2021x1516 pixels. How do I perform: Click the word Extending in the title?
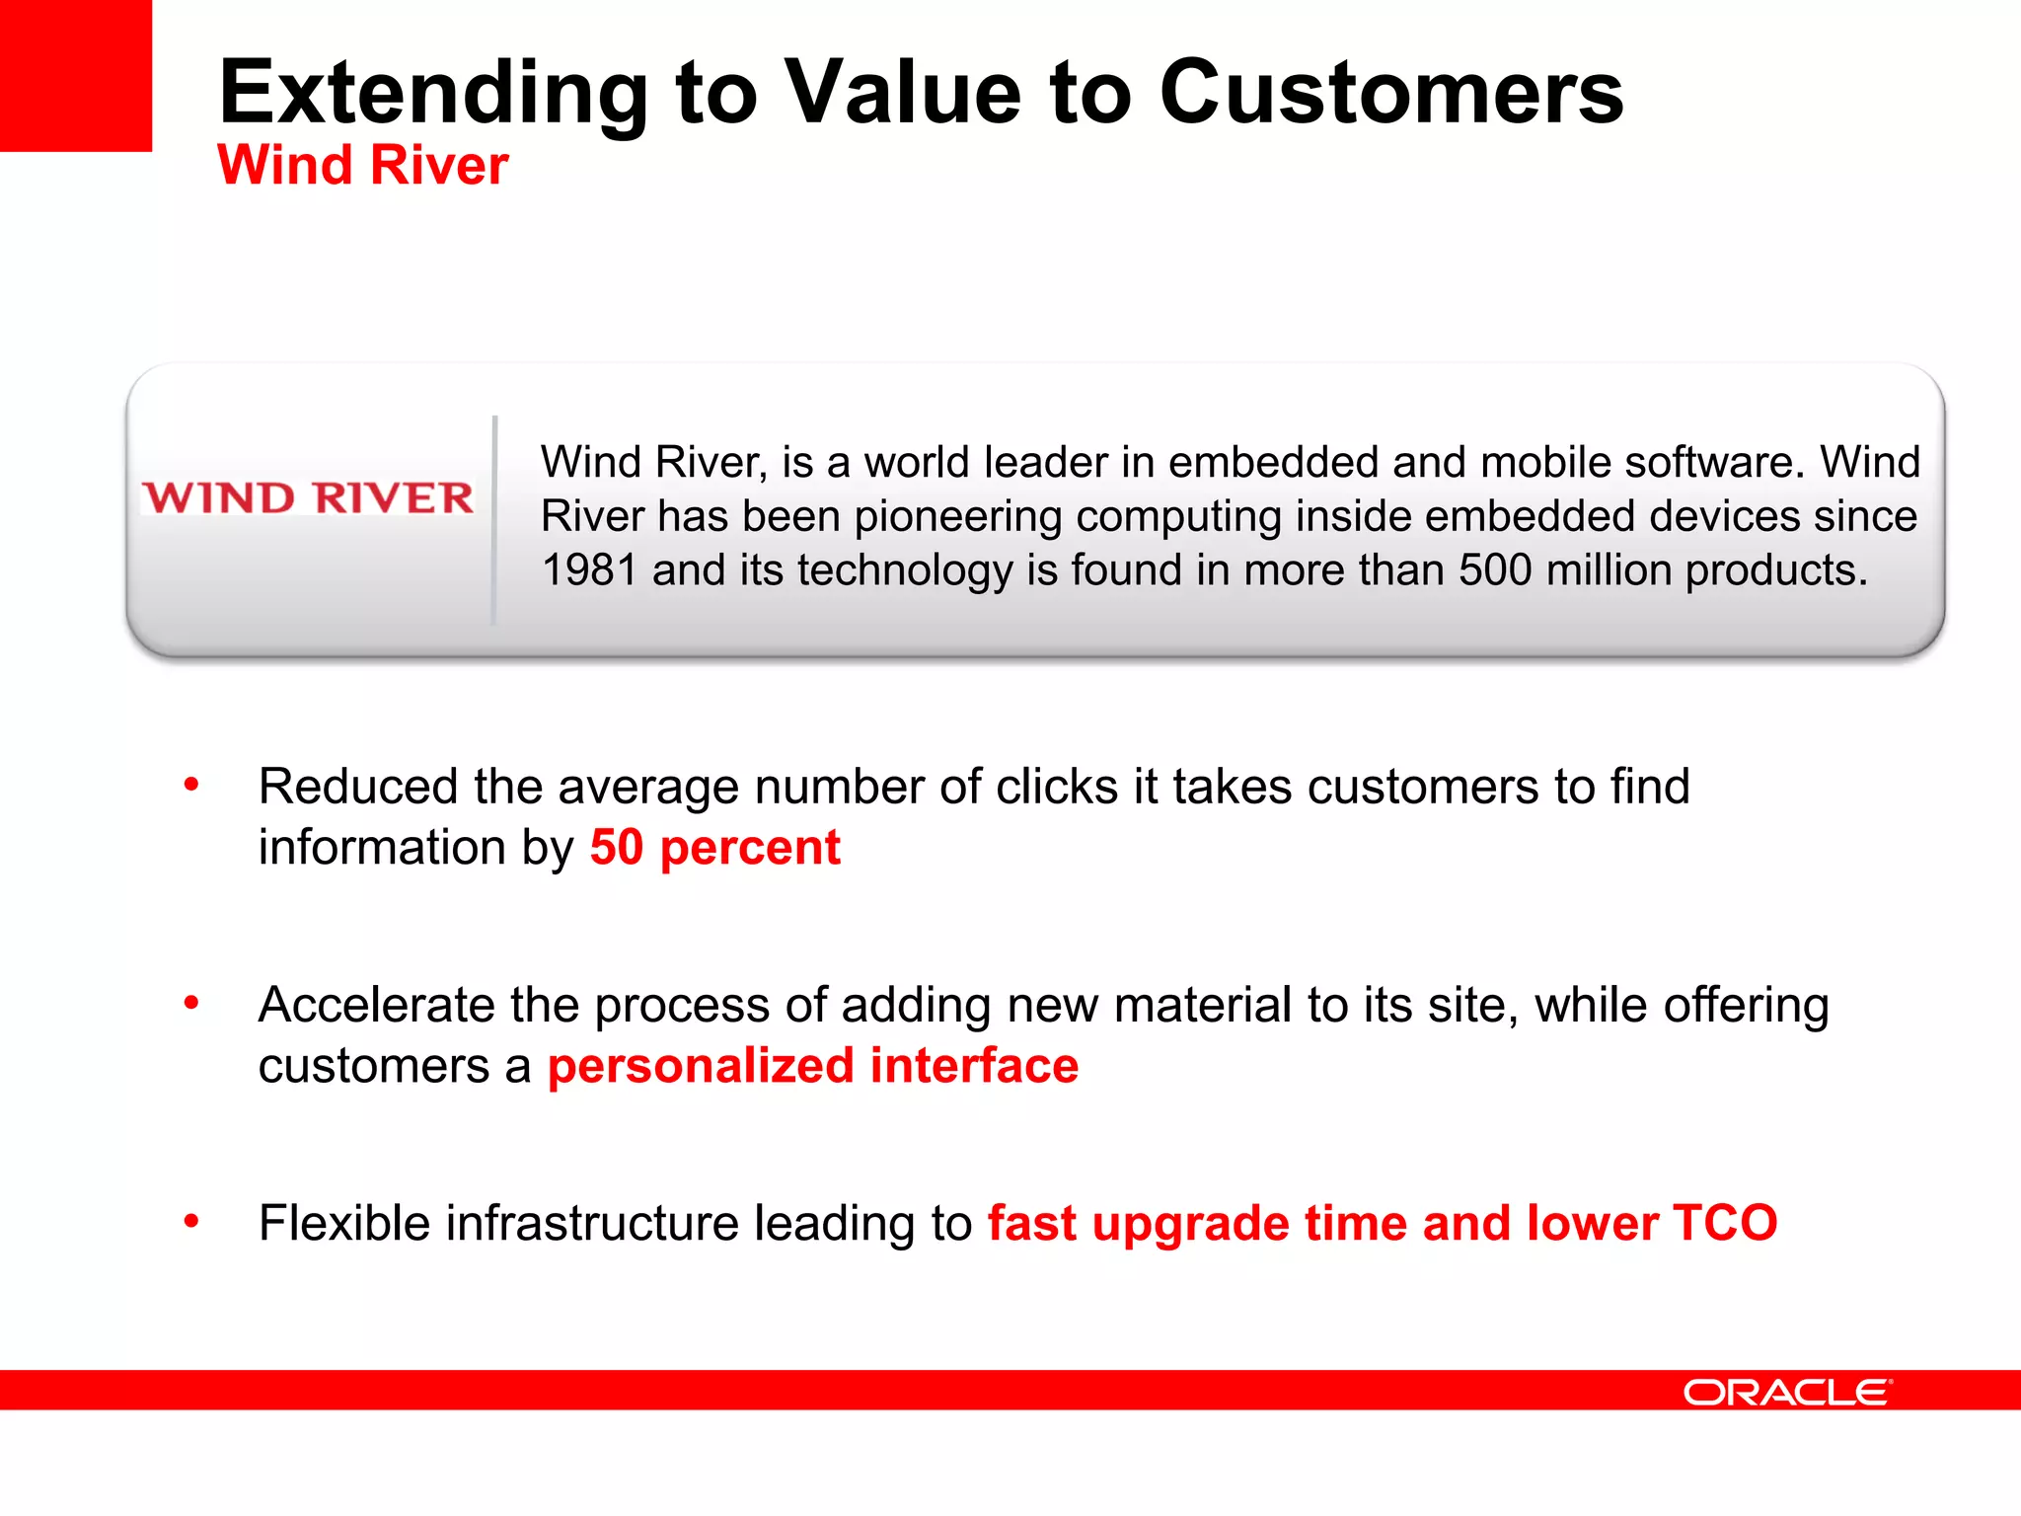coord(432,94)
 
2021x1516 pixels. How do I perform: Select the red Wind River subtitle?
coord(362,165)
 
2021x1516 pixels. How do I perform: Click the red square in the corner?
coord(75,75)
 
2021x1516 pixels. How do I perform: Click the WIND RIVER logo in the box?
coord(308,497)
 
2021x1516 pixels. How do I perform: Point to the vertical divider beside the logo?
coord(494,519)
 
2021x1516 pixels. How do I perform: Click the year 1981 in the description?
coord(588,570)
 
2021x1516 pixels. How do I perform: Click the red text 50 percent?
coord(714,848)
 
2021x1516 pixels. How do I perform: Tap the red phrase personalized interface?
coord(812,1066)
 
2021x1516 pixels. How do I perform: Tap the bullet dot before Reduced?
coord(191,786)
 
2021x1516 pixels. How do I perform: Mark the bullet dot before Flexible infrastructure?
coord(191,1222)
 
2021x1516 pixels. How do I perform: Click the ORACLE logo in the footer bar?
coord(1786,1392)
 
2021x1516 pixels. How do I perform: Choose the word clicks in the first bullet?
coord(1056,787)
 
